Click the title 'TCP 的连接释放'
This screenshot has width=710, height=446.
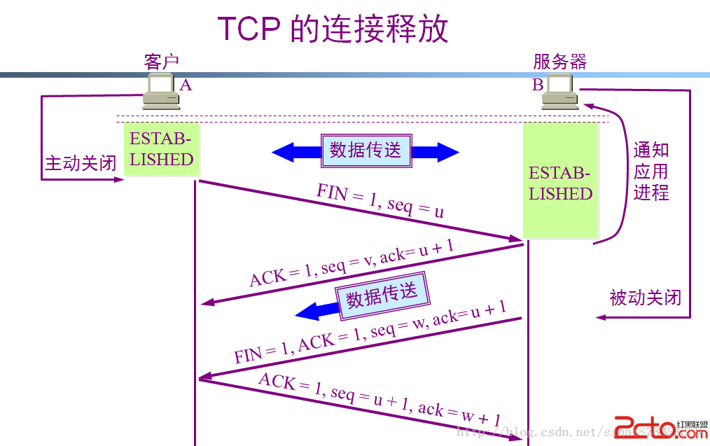[x=333, y=29]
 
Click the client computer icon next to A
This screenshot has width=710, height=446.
[x=161, y=92]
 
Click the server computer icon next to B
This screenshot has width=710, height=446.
[x=560, y=92]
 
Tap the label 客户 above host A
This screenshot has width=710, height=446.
[x=162, y=62]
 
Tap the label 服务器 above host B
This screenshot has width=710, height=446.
[x=560, y=62]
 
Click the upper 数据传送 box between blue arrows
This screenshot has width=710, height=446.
[x=366, y=150]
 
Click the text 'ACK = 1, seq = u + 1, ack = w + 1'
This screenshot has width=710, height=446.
[x=379, y=399]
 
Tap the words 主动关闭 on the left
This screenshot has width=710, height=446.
[x=81, y=163]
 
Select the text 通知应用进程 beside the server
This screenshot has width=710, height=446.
[x=651, y=171]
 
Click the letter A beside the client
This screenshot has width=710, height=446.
[x=186, y=85]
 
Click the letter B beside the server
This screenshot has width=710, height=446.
[x=538, y=85]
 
